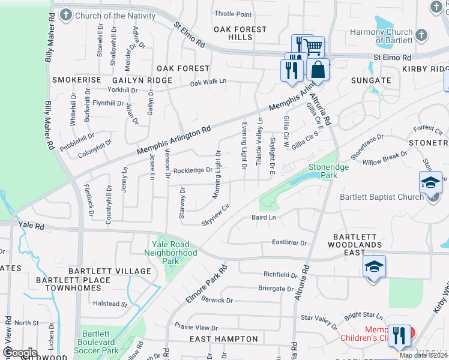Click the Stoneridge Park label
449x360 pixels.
[x=328, y=172]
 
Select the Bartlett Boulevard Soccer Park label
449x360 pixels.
[x=100, y=342]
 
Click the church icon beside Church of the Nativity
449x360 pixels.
[x=62, y=16]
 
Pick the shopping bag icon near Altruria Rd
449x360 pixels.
[x=318, y=69]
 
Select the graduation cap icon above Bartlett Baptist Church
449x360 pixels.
[x=430, y=182]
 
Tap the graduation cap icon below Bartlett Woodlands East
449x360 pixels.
[x=373, y=266]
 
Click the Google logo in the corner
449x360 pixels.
[x=20, y=352]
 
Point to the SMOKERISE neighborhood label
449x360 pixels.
[x=76, y=80]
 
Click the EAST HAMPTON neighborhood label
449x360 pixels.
[x=224, y=339]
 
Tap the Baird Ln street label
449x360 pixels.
[x=264, y=217]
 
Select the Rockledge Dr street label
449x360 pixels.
[x=193, y=170]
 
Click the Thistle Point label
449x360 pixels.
[x=233, y=14]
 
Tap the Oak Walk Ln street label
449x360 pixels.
[x=208, y=82]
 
